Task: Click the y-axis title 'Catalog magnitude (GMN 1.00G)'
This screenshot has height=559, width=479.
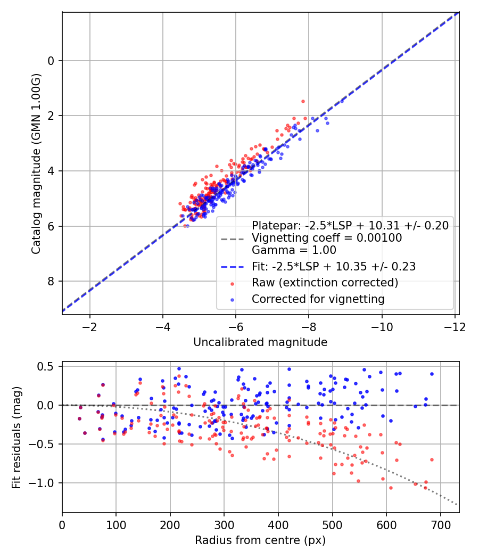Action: coord(36,163)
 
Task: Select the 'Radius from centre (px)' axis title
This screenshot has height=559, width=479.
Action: coord(260,540)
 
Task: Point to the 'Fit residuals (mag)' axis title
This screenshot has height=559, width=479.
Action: coord(16,437)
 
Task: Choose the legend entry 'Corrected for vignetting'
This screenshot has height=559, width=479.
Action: coord(318,299)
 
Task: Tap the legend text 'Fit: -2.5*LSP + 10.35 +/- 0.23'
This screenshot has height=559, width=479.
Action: coord(333,266)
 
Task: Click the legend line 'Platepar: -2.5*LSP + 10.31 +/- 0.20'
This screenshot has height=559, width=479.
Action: coord(350,225)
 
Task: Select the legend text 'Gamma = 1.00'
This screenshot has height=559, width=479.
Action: coord(294,250)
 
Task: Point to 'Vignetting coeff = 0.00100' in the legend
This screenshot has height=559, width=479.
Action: coord(327,238)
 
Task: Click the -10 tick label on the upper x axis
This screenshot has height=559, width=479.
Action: coord(382,326)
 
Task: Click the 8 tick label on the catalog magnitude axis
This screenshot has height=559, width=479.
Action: coord(51,281)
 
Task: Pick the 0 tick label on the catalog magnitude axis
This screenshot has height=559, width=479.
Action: coord(51,61)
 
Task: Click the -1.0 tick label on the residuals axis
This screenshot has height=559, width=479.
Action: coord(44,483)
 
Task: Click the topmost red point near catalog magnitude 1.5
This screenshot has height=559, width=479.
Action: coord(303,101)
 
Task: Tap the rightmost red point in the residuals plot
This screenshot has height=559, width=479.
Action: coord(432,459)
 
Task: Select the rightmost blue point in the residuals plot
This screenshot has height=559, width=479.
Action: coord(432,374)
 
